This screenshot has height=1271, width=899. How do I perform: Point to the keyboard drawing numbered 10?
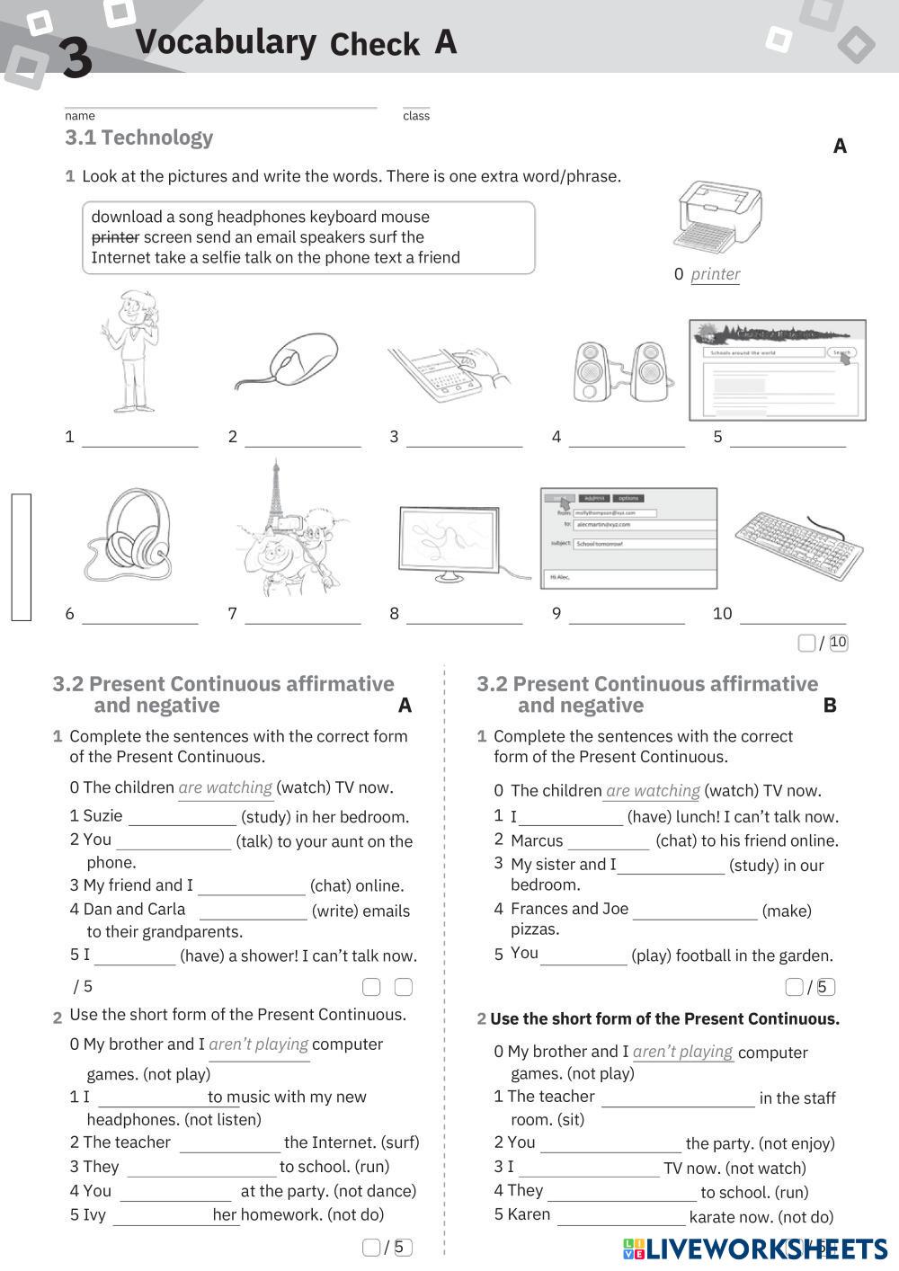(x=798, y=543)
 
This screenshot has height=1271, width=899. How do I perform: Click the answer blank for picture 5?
(x=788, y=439)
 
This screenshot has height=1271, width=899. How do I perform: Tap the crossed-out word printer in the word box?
(x=115, y=237)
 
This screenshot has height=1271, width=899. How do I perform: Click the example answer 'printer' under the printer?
(x=716, y=274)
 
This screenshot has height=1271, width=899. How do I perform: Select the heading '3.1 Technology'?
(x=139, y=138)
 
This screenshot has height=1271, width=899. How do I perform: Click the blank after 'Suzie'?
(x=182, y=818)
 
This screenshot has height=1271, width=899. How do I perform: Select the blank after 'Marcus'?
(x=608, y=842)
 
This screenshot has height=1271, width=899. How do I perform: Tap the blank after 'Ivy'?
(x=162, y=1216)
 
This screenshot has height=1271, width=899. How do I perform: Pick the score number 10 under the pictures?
(x=838, y=643)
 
